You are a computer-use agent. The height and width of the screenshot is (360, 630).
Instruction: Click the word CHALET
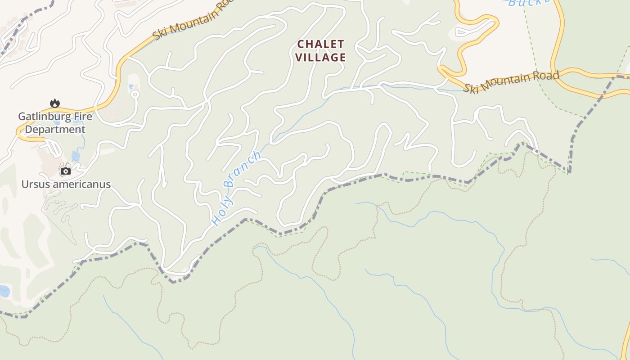click(x=321, y=44)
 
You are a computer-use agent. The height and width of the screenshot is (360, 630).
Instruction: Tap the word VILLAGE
click(x=321, y=58)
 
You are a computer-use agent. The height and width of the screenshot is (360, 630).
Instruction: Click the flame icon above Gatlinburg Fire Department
click(x=55, y=103)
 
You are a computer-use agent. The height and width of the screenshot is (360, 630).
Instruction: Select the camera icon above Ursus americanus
click(x=66, y=171)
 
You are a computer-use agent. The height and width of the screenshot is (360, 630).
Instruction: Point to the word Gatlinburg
click(x=43, y=117)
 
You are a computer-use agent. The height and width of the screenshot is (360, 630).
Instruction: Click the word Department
click(x=55, y=130)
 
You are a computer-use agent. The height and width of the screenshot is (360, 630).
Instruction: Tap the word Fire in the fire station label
click(x=81, y=117)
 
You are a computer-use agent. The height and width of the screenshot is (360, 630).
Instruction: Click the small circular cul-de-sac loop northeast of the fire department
click(x=134, y=94)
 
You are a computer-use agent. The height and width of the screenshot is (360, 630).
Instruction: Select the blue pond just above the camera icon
click(x=76, y=156)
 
